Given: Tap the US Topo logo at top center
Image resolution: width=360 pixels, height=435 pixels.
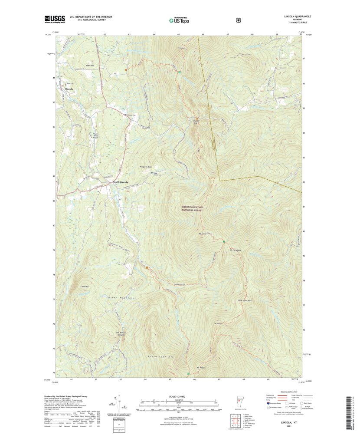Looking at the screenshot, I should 180,19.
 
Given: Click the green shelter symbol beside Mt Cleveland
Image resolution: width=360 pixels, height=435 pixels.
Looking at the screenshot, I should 224,241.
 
